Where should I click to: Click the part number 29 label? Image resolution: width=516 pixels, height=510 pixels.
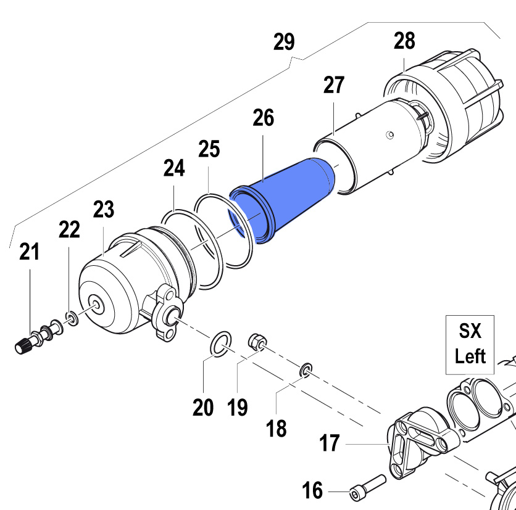pos(284,43)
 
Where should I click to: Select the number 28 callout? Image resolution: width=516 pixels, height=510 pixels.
pos(404,41)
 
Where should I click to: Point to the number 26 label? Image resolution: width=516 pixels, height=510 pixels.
pos(263,118)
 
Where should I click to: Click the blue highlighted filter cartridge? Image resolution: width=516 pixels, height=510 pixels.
pos(285,197)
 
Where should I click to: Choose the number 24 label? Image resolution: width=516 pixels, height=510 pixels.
pos(174,168)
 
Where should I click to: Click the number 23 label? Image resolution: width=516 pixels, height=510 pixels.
pos(104,210)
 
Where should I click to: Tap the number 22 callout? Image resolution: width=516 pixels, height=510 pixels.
pos(69,229)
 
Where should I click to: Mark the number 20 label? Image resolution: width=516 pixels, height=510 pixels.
pos(203,407)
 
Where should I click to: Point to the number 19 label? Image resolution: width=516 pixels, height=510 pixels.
pos(238,407)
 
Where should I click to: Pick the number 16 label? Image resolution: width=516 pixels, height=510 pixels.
pos(313,491)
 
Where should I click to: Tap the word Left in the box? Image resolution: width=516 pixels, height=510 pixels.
pos(470,356)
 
